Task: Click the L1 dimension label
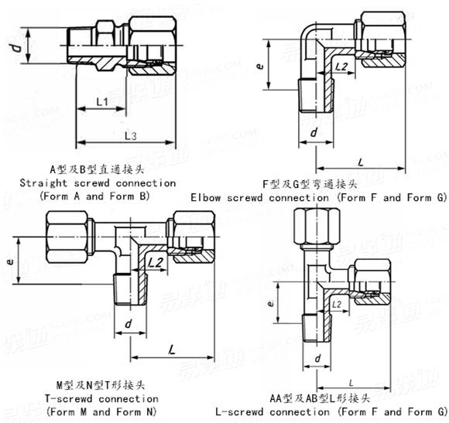click(101, 102)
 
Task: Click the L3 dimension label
click(130, 136)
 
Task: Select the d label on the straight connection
click(13, 53)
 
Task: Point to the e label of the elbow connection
click(260, 67)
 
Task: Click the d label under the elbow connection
click(313, 134)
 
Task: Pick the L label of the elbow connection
click(361, 161)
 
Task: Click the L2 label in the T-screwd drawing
click(155, 264)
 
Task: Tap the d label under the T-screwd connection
click(128, 322)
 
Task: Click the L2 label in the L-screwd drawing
click(338, 305)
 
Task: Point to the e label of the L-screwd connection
click(269, 304)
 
